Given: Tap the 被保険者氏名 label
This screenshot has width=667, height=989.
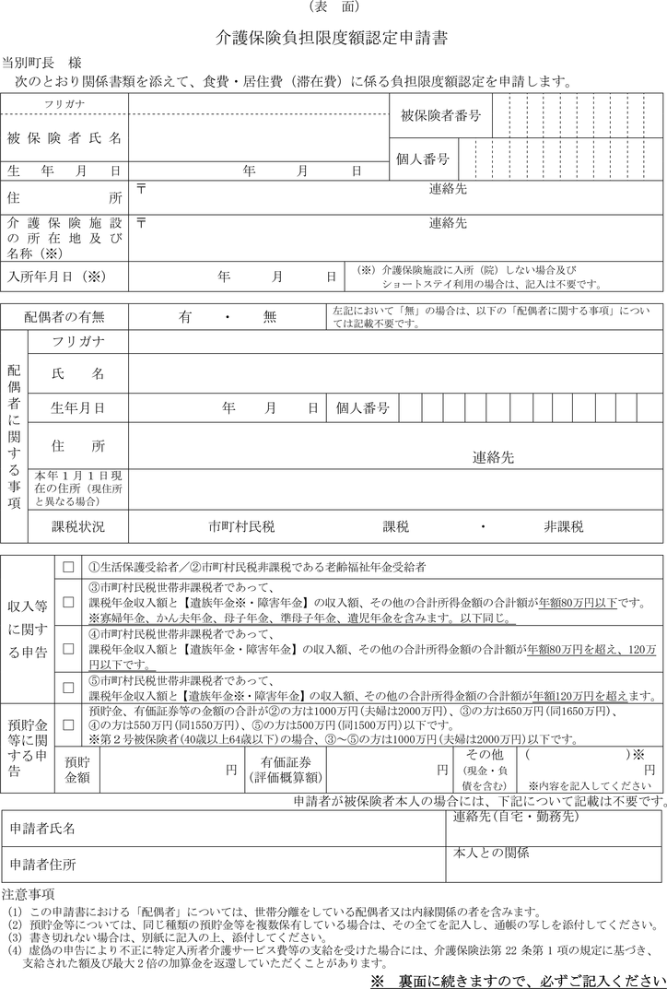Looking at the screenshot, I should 64,139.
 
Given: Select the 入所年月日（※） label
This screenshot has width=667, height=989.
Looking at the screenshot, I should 58,276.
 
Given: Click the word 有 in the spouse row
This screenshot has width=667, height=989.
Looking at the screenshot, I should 185,316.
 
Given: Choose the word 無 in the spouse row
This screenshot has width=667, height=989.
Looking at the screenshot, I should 269,316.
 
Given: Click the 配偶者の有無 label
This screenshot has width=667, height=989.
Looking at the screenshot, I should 64,316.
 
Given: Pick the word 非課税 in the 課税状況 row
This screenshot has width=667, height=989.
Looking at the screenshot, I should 563,526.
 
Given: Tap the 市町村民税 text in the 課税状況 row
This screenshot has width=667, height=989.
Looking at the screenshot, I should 241,526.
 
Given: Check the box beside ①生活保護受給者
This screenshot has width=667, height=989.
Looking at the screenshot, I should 67,566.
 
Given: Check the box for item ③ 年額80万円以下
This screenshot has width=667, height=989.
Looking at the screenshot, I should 67,602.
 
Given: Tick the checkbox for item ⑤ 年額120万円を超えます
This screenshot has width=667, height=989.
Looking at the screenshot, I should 67,688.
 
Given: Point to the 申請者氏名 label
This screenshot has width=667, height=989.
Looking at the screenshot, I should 42,830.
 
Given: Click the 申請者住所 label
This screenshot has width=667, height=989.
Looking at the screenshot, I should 42,864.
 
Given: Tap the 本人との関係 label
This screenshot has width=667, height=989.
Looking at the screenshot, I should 491,854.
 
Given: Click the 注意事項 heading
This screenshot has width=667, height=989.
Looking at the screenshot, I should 29,893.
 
